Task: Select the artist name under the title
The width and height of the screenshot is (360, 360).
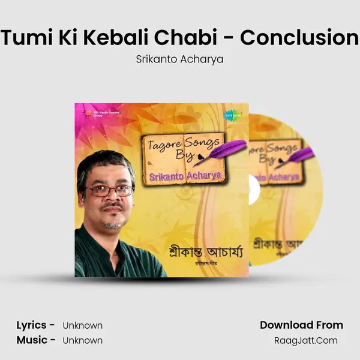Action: point(179,61)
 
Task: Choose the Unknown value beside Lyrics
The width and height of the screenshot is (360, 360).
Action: point(83,326)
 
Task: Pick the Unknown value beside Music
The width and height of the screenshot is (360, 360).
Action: point(83,341)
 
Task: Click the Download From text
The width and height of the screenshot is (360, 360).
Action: point(301,325)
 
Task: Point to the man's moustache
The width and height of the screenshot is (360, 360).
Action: point(112,207)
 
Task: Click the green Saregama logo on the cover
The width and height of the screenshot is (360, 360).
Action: point(229,114)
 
